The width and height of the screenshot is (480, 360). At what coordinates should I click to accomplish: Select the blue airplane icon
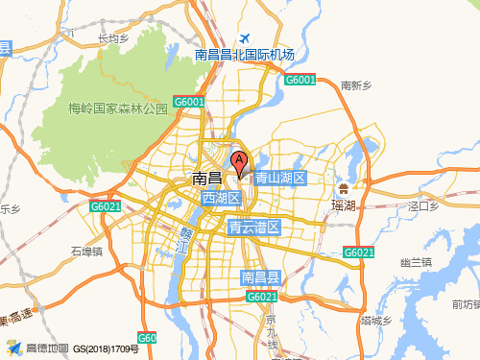pos(247,39)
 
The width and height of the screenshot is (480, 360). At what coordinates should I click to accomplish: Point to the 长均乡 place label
pos(114,39)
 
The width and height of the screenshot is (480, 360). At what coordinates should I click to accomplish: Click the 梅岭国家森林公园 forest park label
pos(117,108)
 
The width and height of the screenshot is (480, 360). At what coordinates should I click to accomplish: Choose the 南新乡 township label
pos(355,85)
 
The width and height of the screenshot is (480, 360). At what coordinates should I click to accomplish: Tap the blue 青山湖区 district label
pos(279,178)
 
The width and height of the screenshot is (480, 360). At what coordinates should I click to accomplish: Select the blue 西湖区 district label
pos(220,198)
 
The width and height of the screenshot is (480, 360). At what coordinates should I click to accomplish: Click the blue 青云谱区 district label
pos(253,228)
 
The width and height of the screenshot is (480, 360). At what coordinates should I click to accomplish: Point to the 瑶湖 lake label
pos(343,205)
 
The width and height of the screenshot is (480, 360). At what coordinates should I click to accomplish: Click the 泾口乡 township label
pos(422,205)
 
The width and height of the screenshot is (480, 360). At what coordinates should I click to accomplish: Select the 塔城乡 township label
pos(377,320)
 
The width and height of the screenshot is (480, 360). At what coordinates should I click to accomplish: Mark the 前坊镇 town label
pos(466,304)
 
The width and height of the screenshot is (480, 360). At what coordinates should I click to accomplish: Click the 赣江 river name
pos(185,240)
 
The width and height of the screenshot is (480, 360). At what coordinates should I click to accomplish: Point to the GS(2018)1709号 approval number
pos(107,349)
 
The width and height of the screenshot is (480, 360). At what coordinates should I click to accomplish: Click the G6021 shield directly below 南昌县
pos(261,297)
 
